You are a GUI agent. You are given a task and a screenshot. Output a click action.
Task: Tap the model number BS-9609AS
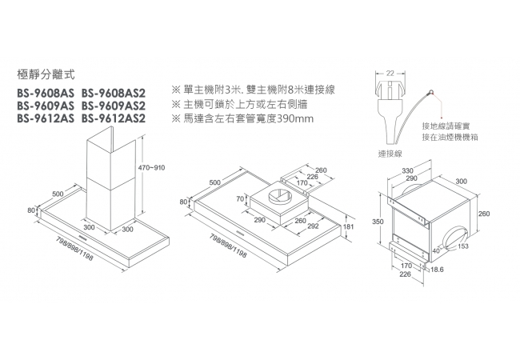(45, 105)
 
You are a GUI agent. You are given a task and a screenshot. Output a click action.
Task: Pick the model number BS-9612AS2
(114, 119)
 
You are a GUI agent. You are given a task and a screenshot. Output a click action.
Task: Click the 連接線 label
(390, 152)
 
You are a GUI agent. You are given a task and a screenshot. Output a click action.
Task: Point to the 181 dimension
(348, 227)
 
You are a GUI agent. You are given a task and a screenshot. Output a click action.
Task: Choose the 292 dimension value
(313, 227)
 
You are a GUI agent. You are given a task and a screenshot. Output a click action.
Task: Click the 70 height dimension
(240, 198)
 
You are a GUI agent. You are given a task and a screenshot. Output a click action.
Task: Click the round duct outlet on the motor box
(452, 238)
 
